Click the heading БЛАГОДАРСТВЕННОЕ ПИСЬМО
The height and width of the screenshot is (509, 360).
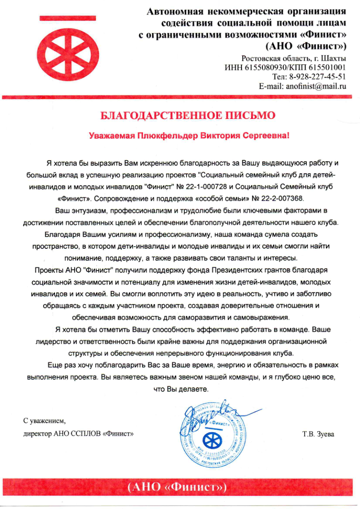[187, 115]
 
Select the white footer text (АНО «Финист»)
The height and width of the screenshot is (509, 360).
[177, 488]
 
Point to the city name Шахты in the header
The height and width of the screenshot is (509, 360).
[334, 59]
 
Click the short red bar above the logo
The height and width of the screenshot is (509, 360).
[60, 18]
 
